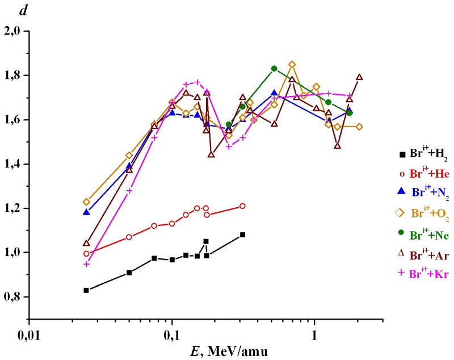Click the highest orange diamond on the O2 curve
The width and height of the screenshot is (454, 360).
(x=292, y=65)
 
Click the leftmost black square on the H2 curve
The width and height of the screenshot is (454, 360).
(x=86, y=290)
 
